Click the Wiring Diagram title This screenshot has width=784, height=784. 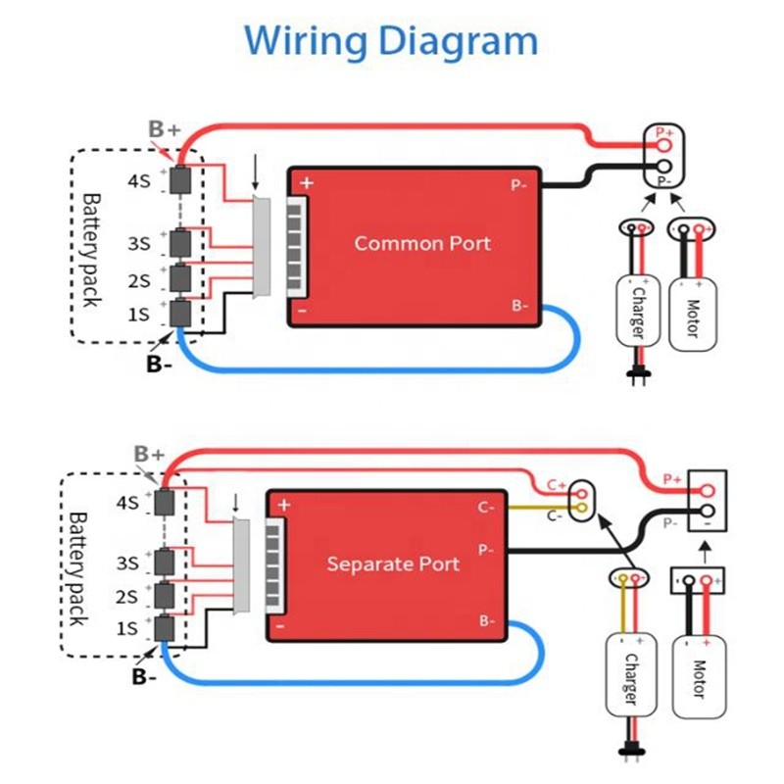coord(391,41)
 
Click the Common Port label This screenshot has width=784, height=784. coord(422,243)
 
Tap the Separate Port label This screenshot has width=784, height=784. coord(393,564)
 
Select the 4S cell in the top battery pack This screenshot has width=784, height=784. coord(181,180)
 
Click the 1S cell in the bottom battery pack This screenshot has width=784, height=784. coord(164,628)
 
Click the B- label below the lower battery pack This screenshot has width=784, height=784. coord(144,676)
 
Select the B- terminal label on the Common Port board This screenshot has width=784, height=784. coord(518,306)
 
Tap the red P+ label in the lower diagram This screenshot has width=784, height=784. coord(671,479)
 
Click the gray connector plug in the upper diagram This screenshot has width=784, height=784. coord(262,246)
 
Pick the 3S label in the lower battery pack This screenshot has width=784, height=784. coord(127,564)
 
